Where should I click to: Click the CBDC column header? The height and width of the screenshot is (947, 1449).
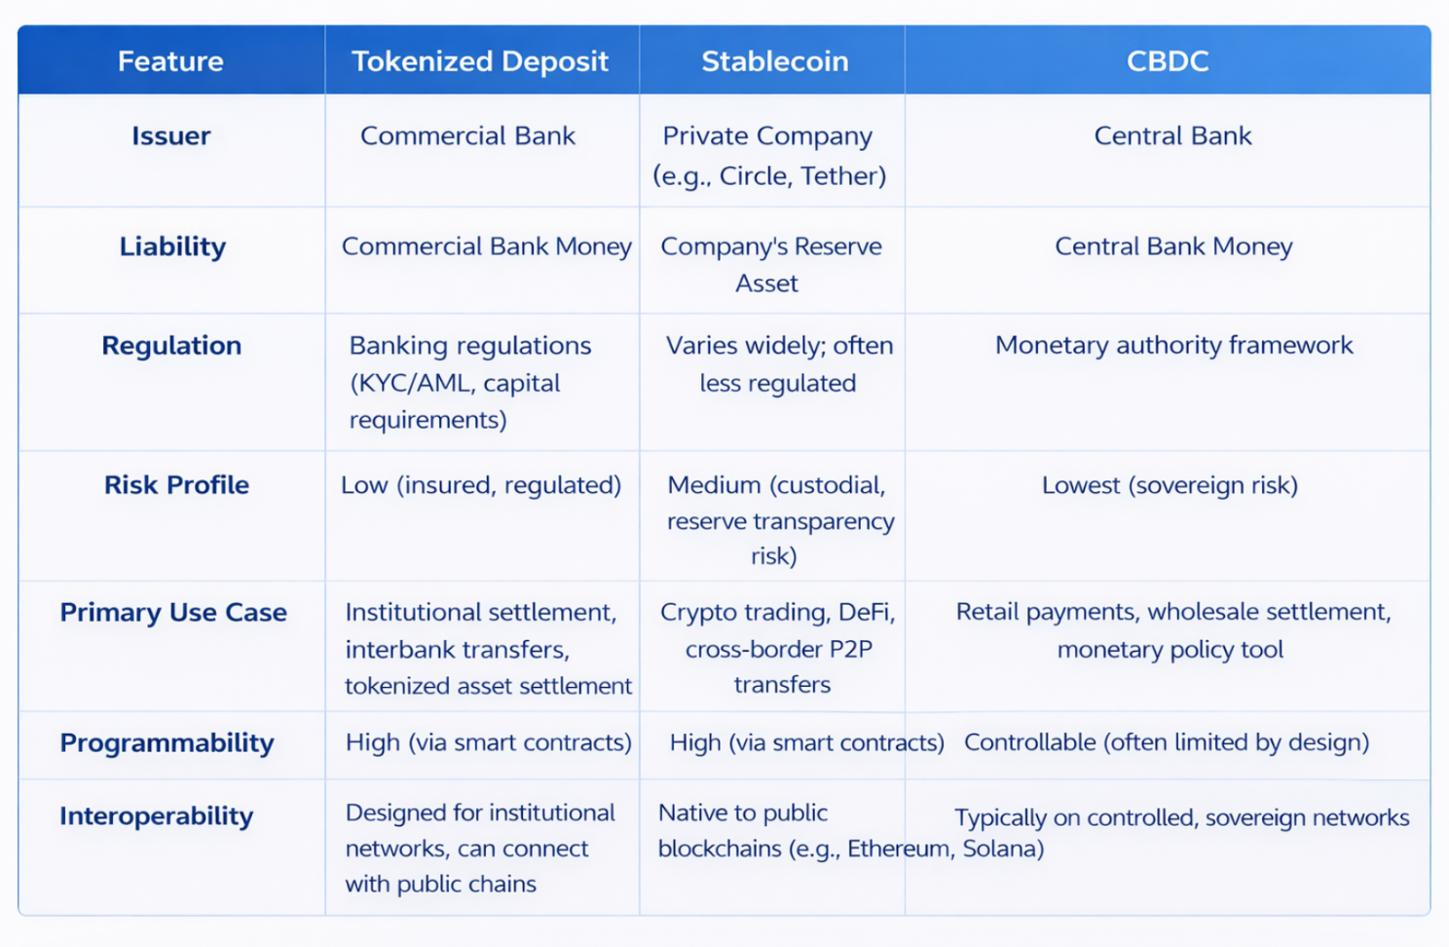coord(1167,61)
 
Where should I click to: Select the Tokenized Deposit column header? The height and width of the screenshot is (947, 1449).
coord(480,61)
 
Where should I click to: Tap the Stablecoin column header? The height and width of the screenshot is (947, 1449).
coord(774,61)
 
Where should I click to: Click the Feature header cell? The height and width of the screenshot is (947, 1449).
coord(170,61)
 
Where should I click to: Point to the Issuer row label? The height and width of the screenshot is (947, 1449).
coord(170,136)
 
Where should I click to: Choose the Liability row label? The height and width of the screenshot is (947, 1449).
coord(172,246)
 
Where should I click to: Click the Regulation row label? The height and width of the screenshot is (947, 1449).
coord(171,346)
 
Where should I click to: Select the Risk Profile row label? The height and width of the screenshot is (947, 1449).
coord(176,485)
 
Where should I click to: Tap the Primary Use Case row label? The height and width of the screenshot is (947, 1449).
coord(173,613)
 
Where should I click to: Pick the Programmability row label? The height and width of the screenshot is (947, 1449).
coord(167,743)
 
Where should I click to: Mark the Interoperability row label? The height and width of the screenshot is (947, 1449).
coord(156,816)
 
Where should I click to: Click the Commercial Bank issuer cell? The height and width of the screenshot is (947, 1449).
coord(467,136)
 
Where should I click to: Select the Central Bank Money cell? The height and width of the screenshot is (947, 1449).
coord(1173,246)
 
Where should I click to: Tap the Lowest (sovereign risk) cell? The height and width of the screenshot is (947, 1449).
coord(1170,485)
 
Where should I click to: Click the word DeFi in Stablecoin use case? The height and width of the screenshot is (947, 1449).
coord(867,612)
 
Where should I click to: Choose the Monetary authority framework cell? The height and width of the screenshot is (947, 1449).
coord(1173,345)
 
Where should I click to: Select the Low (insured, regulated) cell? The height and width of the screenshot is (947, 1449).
coord(481,485)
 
